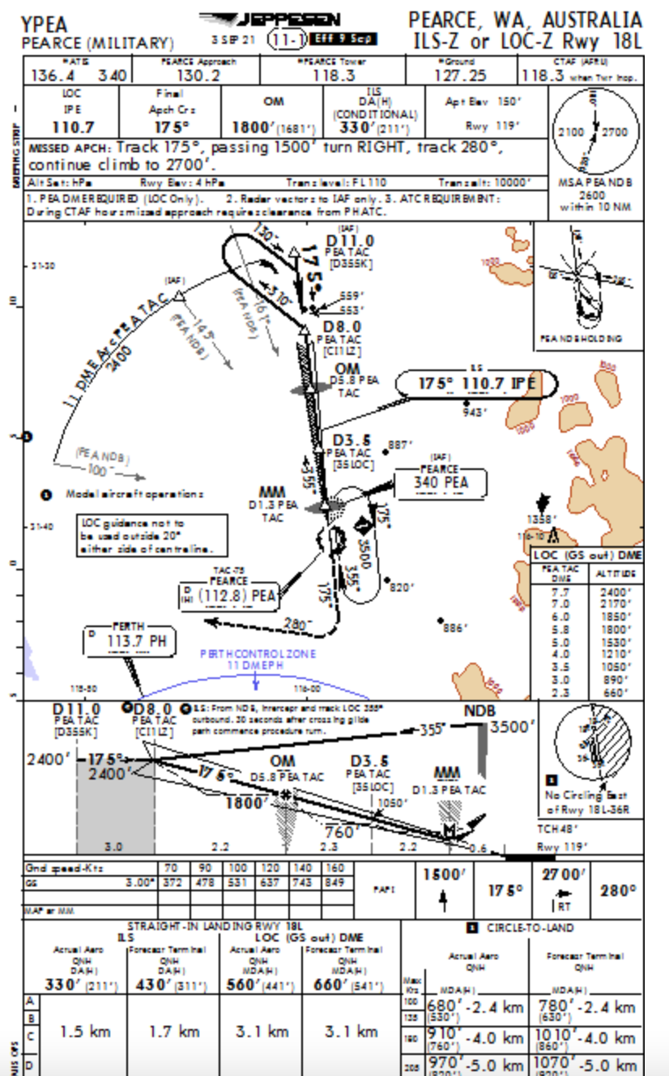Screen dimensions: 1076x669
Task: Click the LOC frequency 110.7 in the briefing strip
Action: (x=73, y=127)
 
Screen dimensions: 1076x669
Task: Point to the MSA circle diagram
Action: (x=596, y=128)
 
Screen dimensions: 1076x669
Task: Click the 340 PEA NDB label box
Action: (x=441, y=481)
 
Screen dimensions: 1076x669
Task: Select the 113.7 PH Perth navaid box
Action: (x=130, y=641)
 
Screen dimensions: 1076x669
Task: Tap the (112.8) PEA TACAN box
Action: (x=236, y=596)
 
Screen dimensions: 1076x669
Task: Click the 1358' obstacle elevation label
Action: (x=541, y=519)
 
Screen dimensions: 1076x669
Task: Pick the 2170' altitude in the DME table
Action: (x=616, y=604)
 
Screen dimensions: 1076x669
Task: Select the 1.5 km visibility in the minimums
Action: (x=85, y=1031)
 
